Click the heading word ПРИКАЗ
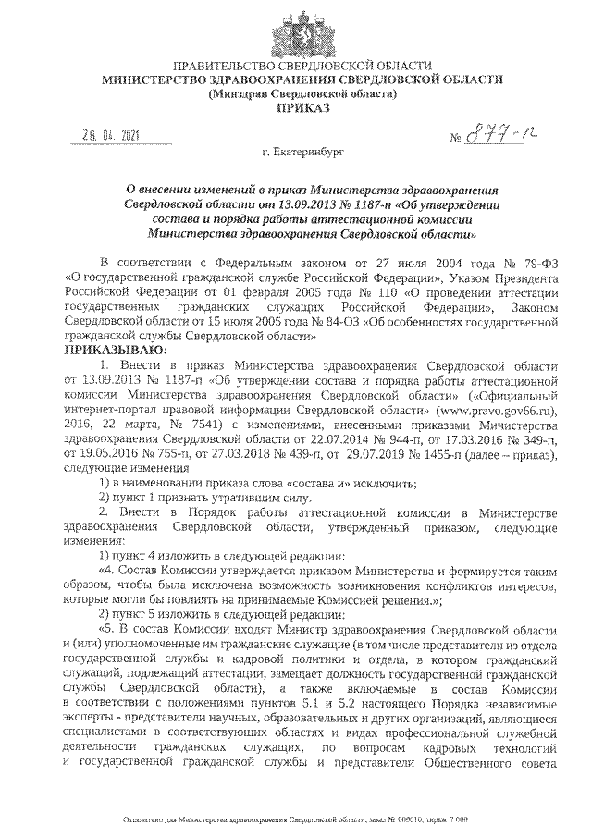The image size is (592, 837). pos(297,108)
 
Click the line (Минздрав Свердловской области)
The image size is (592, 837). pos(297,93)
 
